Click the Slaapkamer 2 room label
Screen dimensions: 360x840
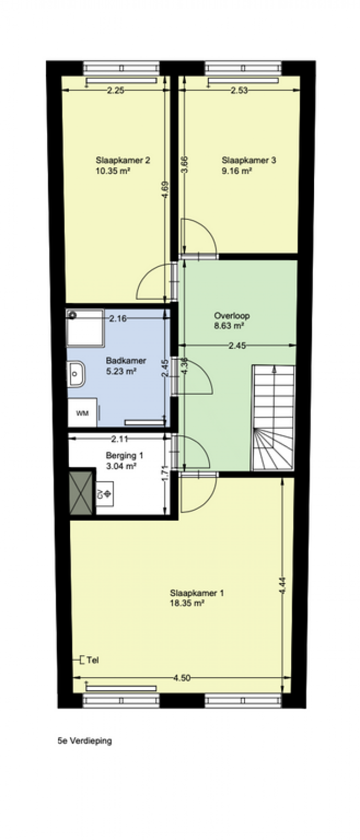(x=123, y=160)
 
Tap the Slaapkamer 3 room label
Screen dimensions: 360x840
(x=249, y=160)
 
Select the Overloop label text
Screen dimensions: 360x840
(x=231, y=315)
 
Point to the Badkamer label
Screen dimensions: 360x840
(x=126, y=361)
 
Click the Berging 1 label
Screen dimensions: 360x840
(x=124, y=456)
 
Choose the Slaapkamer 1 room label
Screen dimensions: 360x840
(x=196, y=593)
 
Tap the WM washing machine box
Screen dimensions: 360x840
(x=82, y=412)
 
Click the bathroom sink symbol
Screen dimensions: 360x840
(x=76, y=374)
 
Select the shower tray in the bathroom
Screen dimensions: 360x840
(x=85, y=328)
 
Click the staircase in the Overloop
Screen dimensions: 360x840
(x=273, y=418)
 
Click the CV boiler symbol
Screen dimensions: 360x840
(x=104, y=494)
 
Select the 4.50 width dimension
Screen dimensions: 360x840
(x=181, y=678)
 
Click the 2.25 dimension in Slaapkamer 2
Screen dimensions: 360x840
(x=115, y=90)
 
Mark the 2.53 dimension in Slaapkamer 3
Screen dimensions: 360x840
(x=239, y=90)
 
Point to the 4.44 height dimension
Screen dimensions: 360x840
(x=282, y=585)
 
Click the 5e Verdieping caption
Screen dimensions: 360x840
(x=85, y=741)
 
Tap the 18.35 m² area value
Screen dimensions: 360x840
(x=187, y=603)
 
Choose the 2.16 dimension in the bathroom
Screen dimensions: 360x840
(x=118, y=319)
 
